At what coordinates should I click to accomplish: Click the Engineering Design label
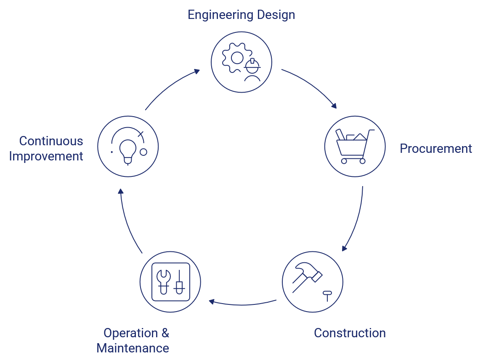coord(241,15)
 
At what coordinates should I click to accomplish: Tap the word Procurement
coord(435,149)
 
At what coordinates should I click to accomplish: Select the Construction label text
coord(350,333)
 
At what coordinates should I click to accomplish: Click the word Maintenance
coord(133,348)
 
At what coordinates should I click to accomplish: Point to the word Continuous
coord(51,141)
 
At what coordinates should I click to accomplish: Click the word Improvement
coord(46,156)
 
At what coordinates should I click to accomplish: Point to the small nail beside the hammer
coord(326,295)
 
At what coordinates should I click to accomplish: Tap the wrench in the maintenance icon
coord(162,280)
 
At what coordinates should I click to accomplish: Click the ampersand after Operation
coord(165,333)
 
